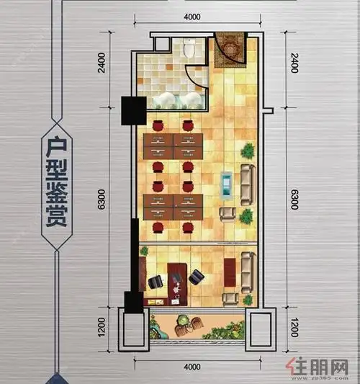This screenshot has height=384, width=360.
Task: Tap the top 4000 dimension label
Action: tap(192, 17)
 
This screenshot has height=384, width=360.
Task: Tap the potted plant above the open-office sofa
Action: tap(248, 151)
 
